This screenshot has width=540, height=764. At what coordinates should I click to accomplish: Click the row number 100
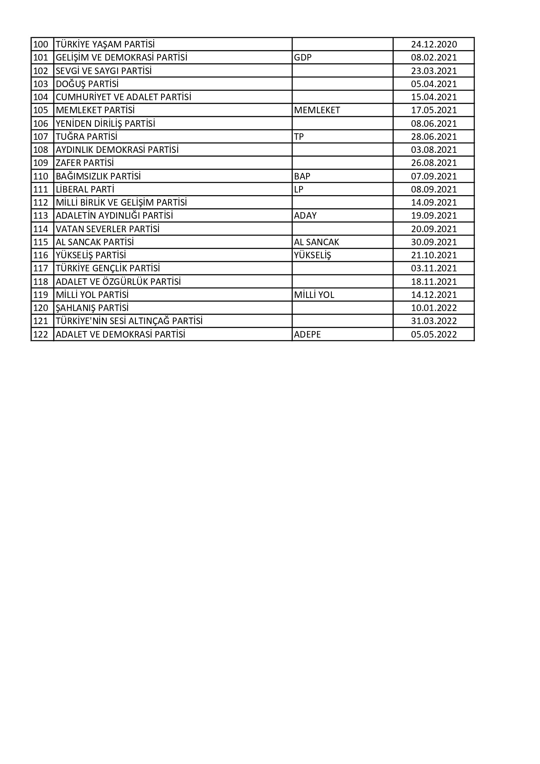40,44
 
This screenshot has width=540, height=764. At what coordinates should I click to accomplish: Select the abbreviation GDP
303,57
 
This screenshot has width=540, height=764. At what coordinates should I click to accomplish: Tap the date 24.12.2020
434,44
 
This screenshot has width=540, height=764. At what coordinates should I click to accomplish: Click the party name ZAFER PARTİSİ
84,163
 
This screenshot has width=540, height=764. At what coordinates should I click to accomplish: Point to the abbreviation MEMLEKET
317,110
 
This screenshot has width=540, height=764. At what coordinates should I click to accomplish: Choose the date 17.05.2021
434,110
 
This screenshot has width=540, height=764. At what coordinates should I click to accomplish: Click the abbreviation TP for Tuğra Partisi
299,137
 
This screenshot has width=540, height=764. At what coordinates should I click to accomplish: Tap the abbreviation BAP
302,176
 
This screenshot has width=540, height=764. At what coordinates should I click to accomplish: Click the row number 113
40,216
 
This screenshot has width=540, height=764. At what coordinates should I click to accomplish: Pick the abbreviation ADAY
305,216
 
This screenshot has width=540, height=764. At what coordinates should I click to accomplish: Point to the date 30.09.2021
434,242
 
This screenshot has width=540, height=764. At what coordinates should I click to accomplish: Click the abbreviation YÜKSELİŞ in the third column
312,255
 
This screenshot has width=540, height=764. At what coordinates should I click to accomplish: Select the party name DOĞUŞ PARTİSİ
87,84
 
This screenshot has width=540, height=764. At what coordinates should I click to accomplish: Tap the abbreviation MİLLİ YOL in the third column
314,295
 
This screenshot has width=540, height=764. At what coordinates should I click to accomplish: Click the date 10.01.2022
434,308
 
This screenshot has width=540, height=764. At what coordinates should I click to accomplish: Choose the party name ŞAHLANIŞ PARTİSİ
92,308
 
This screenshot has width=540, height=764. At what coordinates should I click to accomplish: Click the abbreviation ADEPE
307,335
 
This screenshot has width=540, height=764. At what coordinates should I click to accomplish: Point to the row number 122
40,335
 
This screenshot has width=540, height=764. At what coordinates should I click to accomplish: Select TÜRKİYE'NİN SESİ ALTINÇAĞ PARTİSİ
129,321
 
